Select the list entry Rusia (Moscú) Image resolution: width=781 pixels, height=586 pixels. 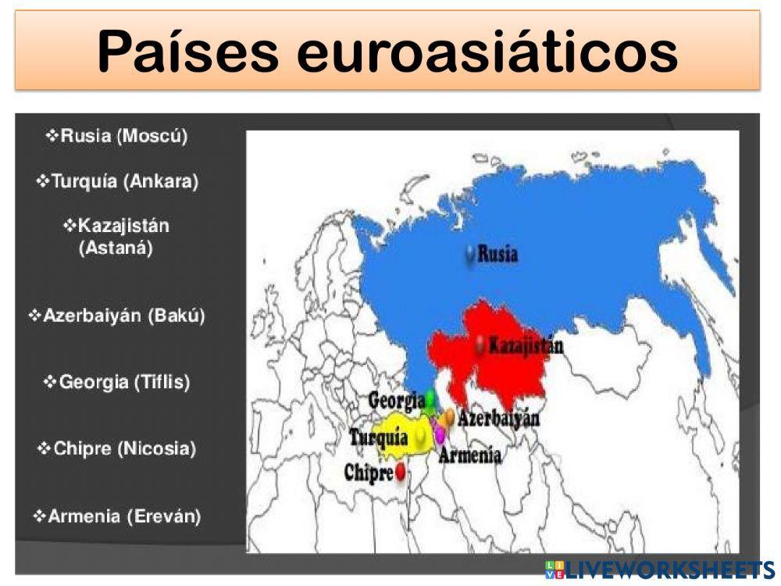point(117,136)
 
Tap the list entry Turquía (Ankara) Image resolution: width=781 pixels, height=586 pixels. point(117,181)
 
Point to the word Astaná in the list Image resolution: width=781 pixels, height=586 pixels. point(116,249)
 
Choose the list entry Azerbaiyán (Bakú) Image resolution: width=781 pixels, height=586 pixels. point(117,316)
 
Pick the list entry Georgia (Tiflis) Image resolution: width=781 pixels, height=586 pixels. point(117,382)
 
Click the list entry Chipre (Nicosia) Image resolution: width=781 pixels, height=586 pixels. point(117,448)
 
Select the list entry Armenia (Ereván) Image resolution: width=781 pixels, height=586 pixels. point(117,516)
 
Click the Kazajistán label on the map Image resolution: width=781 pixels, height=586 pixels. point(526,345)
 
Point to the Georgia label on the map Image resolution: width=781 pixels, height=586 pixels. point(396,401)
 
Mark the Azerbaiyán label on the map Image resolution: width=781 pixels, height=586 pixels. point(499,419)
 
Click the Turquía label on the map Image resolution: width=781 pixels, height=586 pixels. point(379,438)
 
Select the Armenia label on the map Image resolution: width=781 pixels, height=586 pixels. point(470,456)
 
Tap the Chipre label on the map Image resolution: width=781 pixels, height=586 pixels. point(369,472)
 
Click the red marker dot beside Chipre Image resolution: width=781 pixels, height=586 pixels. point(401,471)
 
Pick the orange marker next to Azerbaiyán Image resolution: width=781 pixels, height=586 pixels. point(448,418)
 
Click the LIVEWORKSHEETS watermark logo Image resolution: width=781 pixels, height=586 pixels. point(660,569)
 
